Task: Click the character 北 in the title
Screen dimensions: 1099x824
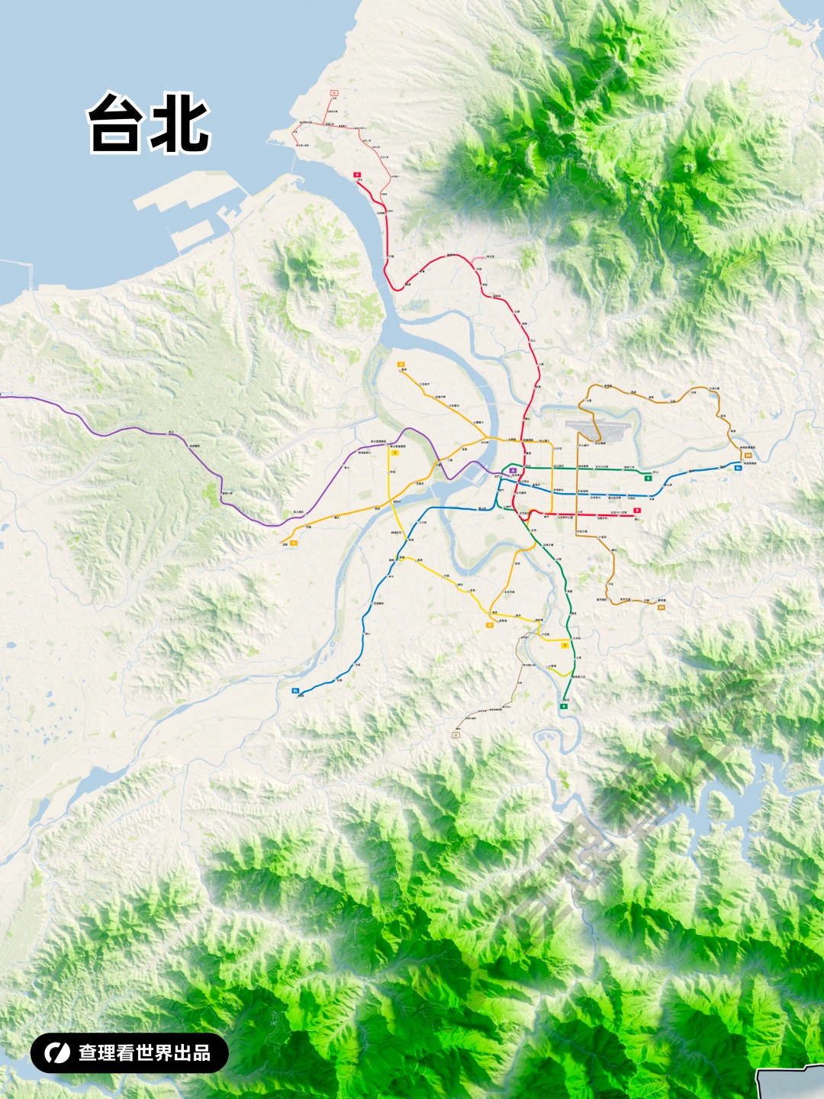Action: pyautogui.click(x=180, y=124)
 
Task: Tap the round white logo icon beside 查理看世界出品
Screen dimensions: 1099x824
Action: pyautogui.click(x=56, y=1053)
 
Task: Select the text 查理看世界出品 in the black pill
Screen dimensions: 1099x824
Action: pyautogui.click(x=144, y=1053)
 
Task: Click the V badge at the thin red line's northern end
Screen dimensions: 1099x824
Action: pyautogui.click(x=333, y=92)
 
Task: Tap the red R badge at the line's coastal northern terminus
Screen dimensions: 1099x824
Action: pyautogui.click(x=356, y=175)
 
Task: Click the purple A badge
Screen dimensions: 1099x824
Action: pyautogui.click(x=513, y=471)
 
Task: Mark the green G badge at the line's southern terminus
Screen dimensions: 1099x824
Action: pyautogui.click(x=564, y=707)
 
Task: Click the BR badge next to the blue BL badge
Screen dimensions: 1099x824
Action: pyautogui.click(x=748, y=455)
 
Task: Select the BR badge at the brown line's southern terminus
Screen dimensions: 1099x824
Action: pyautogui.click(x=661, y=608)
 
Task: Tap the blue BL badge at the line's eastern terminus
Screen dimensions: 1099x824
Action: pyautogui.click(x=738, y=468)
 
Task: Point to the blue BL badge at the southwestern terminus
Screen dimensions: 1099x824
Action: pyautogui.click(x=295, y=690)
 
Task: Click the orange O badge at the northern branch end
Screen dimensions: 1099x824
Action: pyautogui.click(x=401, y=365)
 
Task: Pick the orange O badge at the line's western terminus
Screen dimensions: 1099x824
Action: pyautogui.click(x=293, y=543)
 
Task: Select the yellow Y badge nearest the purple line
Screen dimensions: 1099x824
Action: pyautogui.click(x=394, y=453)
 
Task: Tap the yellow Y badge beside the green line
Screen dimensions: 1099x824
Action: pyautogui.click(x=564, y=646)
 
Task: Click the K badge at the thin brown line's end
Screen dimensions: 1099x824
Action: pyautogui.click(x=456, y=735)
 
